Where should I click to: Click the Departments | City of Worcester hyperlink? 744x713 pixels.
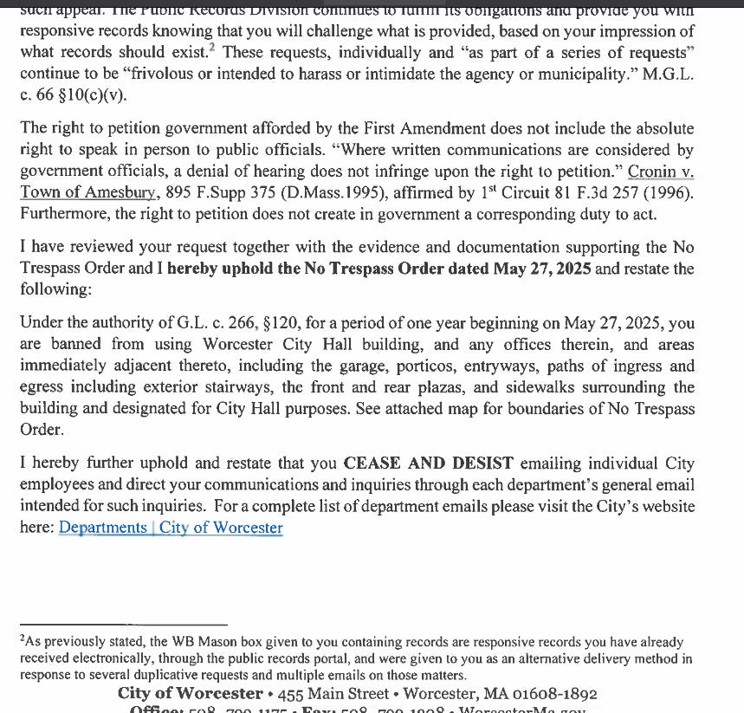pyautogui.click(x=171, y=527)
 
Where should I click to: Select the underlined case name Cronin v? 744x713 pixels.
pyautogui.click(x=661, y=171)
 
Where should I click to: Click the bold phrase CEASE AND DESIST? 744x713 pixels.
pyautogui.click(x=429, y=463)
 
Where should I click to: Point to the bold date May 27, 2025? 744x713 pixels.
pyautogui.click(x=542, y=269)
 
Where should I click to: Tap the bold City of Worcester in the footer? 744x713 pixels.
pyautogui.click(x=191, y=694)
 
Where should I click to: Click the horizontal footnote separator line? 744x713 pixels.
pyautogui.click(x=123, y=624)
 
